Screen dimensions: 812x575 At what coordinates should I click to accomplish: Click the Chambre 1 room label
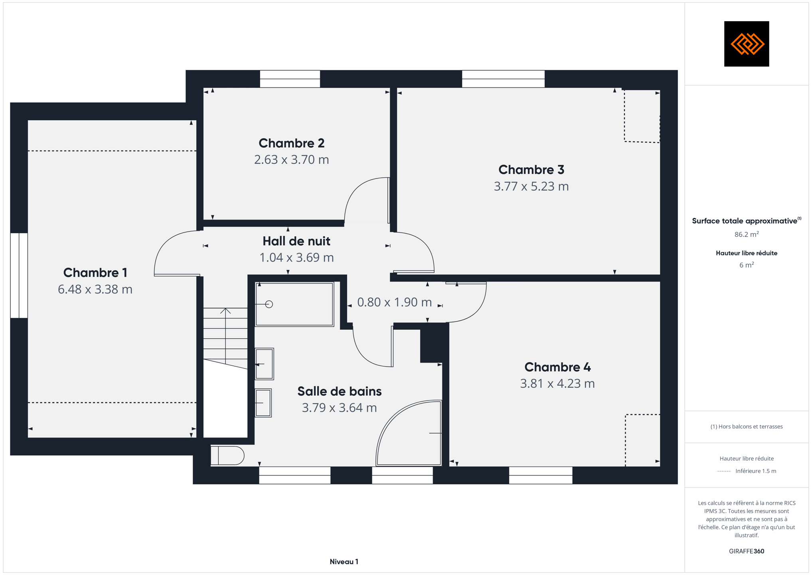click(95, 273)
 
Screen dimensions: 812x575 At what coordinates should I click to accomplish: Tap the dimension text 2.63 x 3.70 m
click(291, 160)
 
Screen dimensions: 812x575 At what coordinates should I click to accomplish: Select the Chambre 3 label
click(531, 170)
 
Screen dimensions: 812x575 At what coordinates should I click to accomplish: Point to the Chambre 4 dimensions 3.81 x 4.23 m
click(557, 383)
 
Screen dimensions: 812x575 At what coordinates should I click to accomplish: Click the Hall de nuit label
click(296, 241)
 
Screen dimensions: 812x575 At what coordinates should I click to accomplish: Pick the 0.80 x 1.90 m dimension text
click(394, 302)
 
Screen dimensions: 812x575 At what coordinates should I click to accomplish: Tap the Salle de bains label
click(339, 391)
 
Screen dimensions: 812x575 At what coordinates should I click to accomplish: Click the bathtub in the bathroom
click(294, 304)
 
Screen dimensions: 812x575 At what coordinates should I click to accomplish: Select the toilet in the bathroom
click(227, 456)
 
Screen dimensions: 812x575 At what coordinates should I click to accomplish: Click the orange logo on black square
click(746, 44)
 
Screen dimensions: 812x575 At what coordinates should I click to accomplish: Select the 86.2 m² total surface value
click(746, 234)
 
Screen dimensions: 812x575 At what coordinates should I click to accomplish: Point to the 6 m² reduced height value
click(746, 265)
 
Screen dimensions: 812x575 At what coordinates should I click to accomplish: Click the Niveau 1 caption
click(344, 562)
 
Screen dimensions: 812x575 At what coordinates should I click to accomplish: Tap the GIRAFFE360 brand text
click(746, 551)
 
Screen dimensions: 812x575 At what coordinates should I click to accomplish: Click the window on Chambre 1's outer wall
click(19, 276)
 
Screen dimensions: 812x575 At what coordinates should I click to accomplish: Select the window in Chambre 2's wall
click(290, 79)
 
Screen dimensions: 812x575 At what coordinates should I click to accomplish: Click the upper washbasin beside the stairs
click(264, 364)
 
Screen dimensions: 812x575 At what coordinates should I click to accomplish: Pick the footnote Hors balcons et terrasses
click(746, 426)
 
